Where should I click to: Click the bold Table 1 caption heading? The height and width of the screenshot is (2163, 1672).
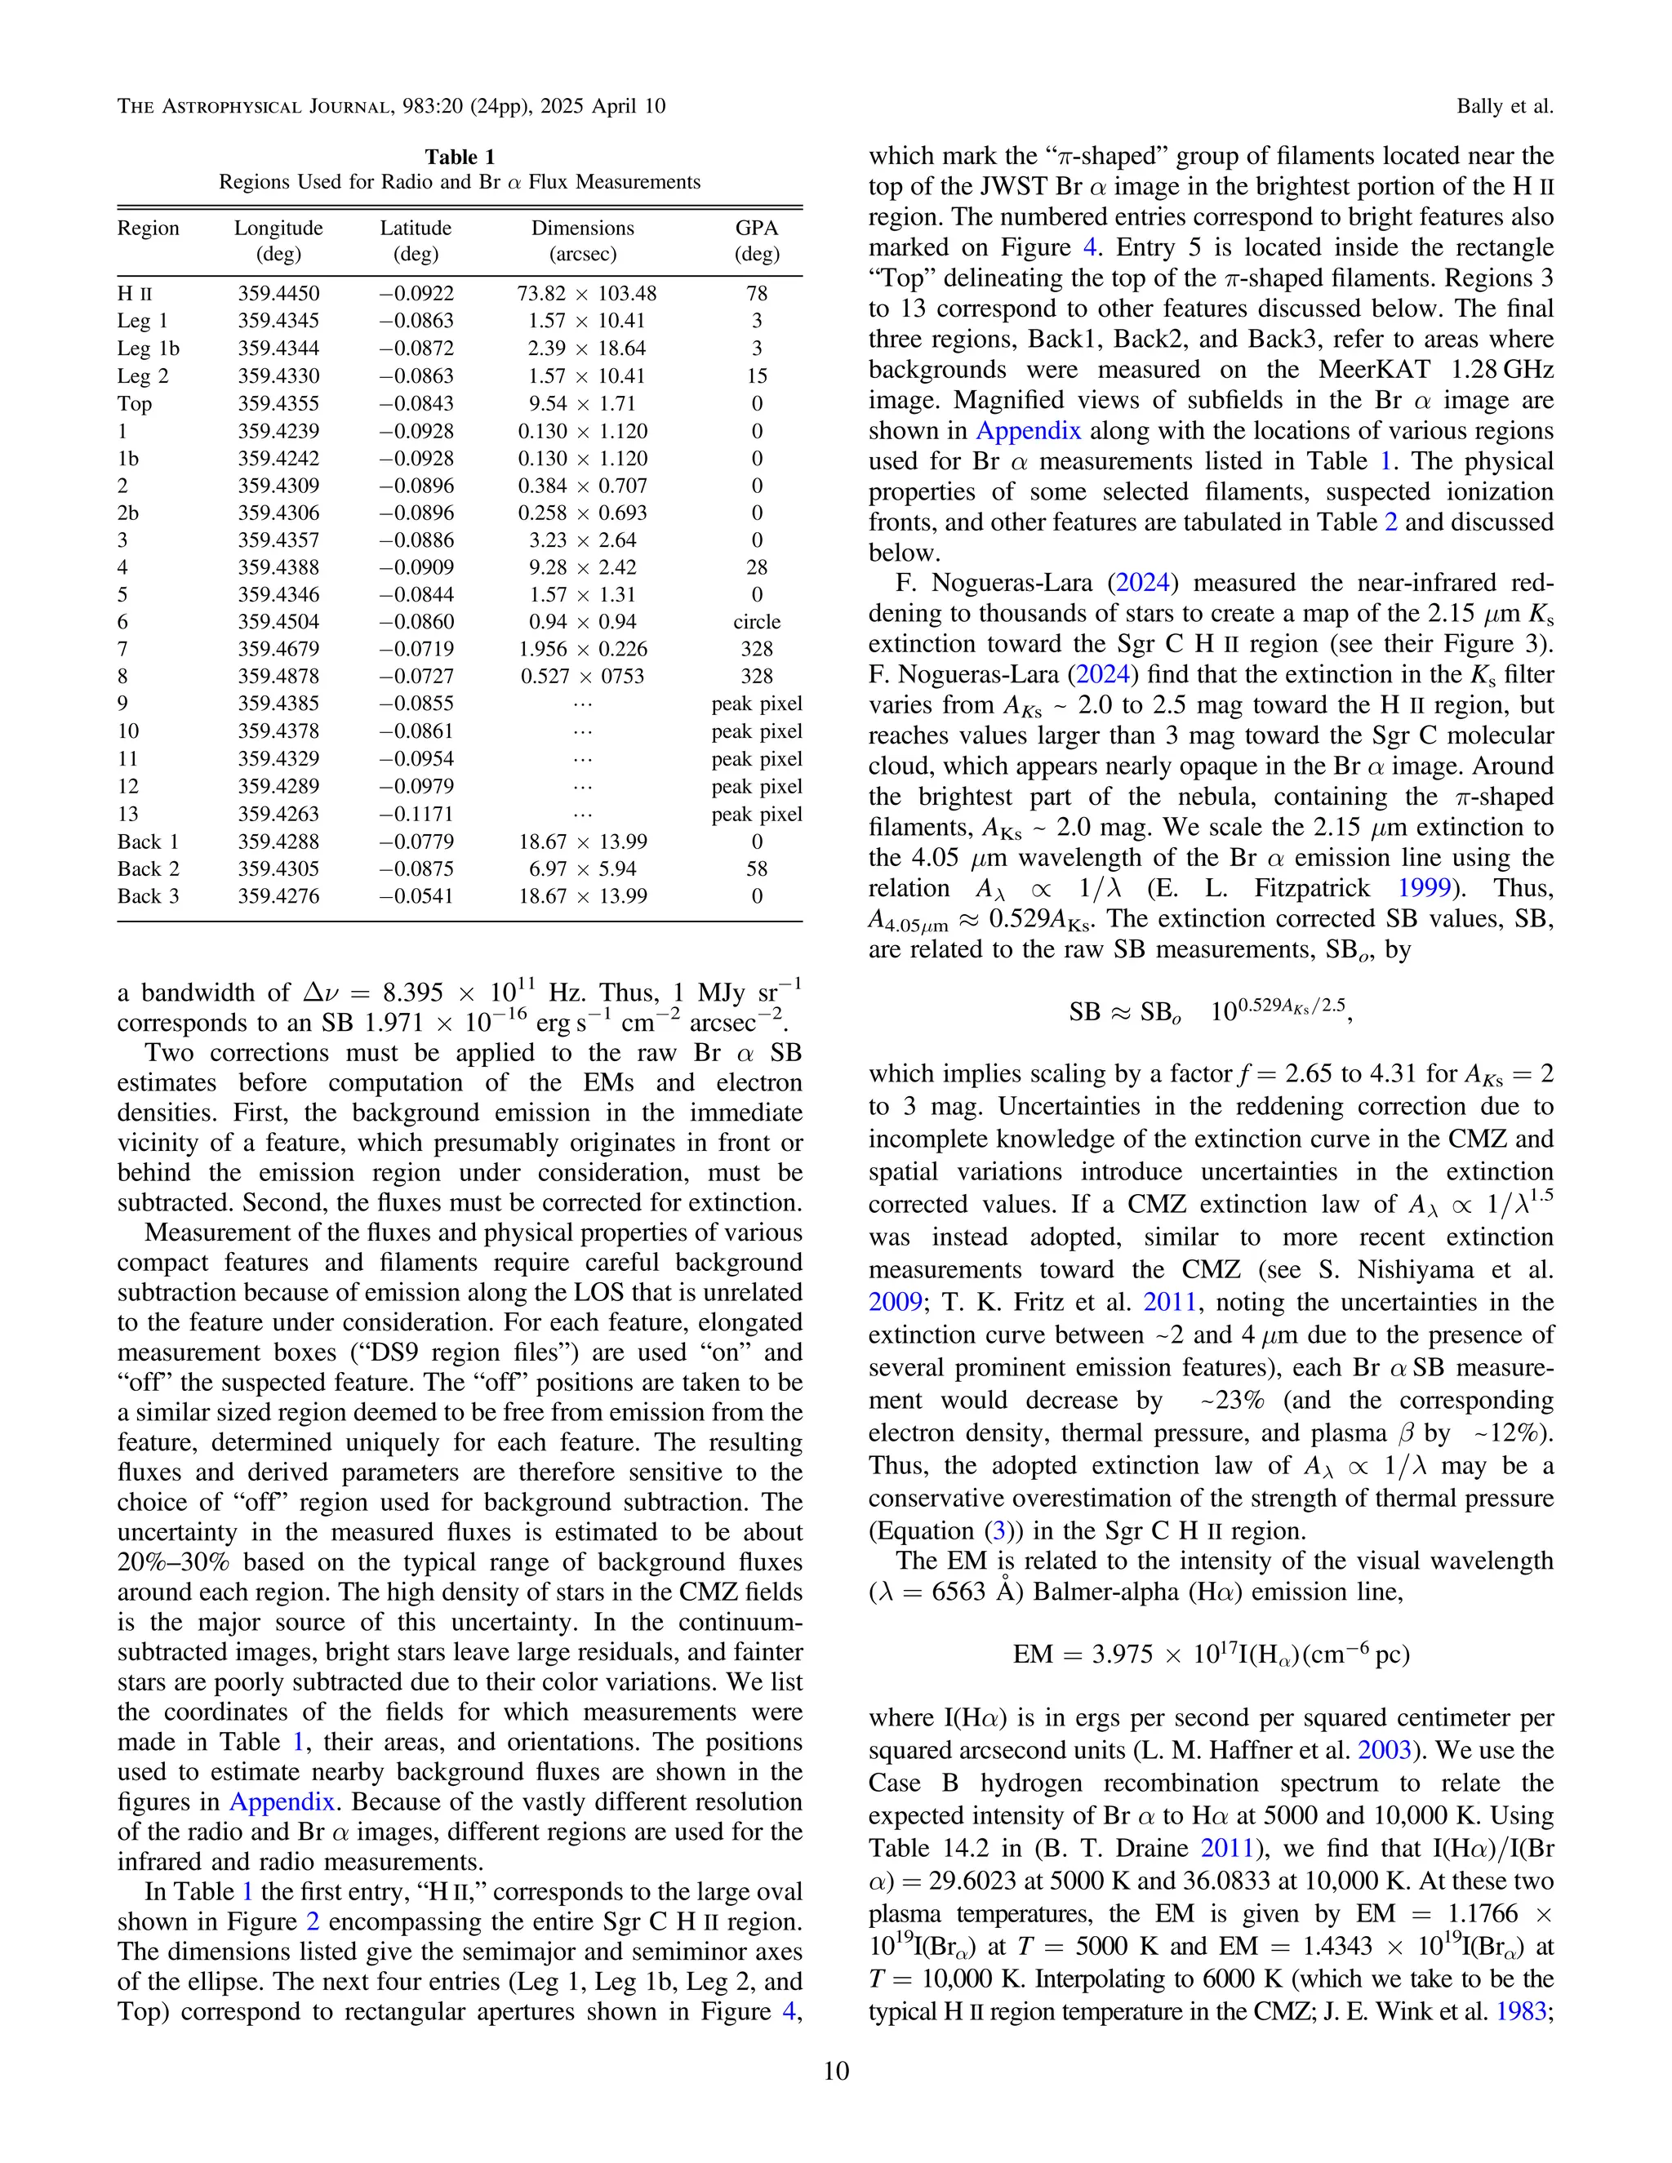click(x=460, y=157)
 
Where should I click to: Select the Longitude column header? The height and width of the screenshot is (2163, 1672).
click(x=278, y=228)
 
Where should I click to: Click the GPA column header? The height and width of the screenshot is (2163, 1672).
click(x=756, y=228)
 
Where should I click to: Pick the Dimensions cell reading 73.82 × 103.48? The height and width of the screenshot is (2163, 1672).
click(x=585, y=294)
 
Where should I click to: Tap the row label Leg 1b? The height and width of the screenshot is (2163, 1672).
click(x=149, y=349)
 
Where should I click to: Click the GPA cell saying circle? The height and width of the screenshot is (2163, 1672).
click(x=756, y=622)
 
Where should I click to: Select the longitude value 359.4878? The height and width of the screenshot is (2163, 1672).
click(x=278, y=677)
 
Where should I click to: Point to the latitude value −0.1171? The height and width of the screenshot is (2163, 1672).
click(x=416, y=814)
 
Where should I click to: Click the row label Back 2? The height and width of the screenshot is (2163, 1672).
click(x=148, y=868)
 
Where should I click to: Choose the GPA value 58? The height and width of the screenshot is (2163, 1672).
click(x=756, y=868)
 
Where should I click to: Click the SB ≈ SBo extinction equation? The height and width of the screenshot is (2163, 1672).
click(x=1211, y=1011)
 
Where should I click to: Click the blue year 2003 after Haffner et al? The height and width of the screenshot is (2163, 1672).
click(x=1384, y=1750)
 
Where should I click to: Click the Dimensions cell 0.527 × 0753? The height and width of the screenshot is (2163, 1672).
click(x=582, y=677)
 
